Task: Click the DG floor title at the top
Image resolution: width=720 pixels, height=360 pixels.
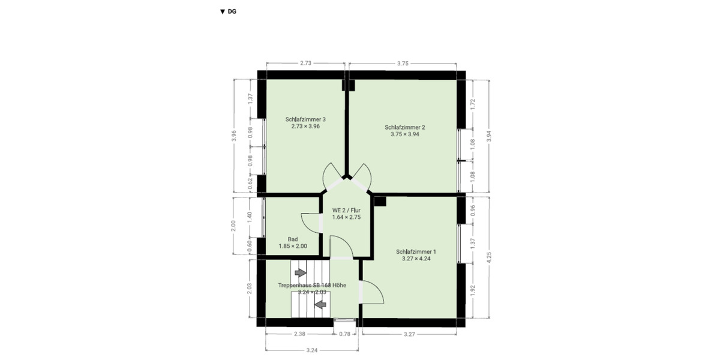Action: pyautogui.click(x=228, y=11)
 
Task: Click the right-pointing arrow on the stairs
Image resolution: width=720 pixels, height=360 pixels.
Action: pyautogui.click(x=301, y=273)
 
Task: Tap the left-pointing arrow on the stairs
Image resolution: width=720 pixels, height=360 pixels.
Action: pyautogui.click(x=320, y=304)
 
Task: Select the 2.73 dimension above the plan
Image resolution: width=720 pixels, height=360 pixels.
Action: pyautogui.click(x=305, y=64)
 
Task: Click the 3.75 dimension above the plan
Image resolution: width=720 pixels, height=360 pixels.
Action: pyautogui.click(x=403, y=64)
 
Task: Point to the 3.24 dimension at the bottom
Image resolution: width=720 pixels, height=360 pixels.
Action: pyautogui.click(x=312, y=350)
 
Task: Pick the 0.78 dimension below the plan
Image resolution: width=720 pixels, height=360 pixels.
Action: pyautogui.click(x=344, y=334)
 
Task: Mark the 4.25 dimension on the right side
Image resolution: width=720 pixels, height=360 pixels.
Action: pyautogui.click(x=489, y=257)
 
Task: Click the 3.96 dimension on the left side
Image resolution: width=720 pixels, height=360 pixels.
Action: pyautogui.click(x=234, y=136)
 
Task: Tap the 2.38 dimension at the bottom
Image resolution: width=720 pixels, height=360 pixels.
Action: pyautogui.click(x=299, y=334)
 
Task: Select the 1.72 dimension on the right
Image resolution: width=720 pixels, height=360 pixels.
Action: pyautogui.click(x=473, y=104)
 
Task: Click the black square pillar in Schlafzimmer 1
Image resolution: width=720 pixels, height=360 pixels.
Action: pyautogui.click(x=380, y=201)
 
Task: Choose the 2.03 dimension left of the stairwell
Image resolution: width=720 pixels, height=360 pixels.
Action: pyautogui.click(x=250, y=289)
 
